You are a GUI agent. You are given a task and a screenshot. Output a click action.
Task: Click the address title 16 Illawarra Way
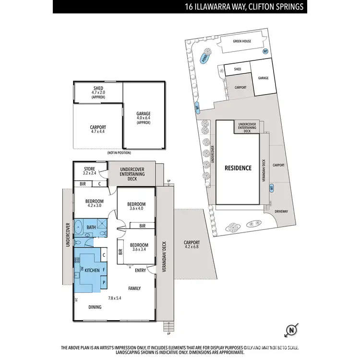coord(245,7)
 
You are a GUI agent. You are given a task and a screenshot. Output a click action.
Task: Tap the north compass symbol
coord(291,330)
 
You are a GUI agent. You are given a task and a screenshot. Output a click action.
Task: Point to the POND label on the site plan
coord(206,59)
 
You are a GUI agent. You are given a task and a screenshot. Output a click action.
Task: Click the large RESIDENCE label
coord(238,168)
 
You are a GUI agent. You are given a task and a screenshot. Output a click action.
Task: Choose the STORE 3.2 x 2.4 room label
coord(90,170)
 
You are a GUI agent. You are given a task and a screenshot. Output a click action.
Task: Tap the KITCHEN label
coord(92,271)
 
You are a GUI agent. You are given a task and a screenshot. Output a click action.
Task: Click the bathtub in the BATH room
coord(78,227)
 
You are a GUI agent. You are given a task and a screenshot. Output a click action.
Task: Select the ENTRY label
coord(140,271)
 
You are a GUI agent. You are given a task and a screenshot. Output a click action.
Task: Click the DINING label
coord(95,307)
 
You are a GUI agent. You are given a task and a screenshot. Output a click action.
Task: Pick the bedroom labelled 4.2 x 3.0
coord(95,204)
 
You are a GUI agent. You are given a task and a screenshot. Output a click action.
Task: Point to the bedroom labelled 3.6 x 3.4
coord(139,246)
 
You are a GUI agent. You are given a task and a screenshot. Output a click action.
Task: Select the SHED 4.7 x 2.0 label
coord(98,92)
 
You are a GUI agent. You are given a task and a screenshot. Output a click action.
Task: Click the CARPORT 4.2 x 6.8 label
coord(192,245)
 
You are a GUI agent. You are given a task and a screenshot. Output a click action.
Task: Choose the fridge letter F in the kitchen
coord(104,270)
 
